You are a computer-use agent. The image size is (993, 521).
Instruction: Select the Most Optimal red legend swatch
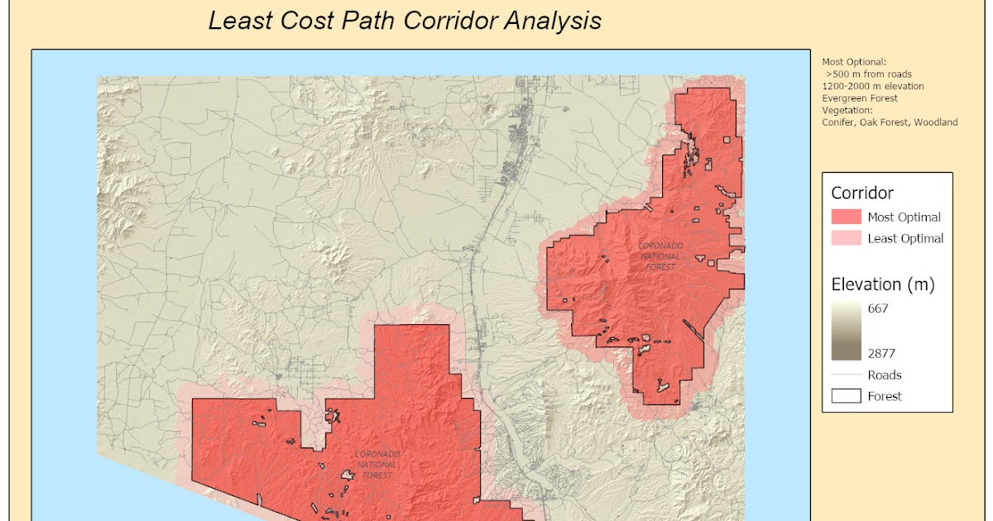click(846, 217)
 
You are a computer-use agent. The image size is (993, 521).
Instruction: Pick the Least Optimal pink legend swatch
click(846, 238)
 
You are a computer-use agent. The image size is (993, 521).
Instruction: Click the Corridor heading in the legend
click(862, 194)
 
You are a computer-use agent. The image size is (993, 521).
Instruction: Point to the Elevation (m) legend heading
click(882, 285)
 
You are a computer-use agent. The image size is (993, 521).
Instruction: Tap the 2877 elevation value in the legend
click(882, 353)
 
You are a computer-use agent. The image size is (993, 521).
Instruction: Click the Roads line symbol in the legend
click(846, 375)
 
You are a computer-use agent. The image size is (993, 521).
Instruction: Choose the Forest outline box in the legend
click(846, 396)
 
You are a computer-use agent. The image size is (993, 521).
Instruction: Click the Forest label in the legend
click(885, 396)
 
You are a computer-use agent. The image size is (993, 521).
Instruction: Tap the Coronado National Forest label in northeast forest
click(660, 256)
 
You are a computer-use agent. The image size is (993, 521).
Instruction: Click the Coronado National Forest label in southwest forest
click(377, 464)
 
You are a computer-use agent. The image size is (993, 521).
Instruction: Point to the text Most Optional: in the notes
click(853, 61)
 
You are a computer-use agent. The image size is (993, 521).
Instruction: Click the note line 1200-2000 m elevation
click(873, 86)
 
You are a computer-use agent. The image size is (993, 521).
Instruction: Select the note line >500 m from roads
click(868, 74)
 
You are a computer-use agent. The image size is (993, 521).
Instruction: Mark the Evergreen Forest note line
click(860, 98)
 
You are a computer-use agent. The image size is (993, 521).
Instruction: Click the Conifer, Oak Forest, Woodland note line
click(890, 122)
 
